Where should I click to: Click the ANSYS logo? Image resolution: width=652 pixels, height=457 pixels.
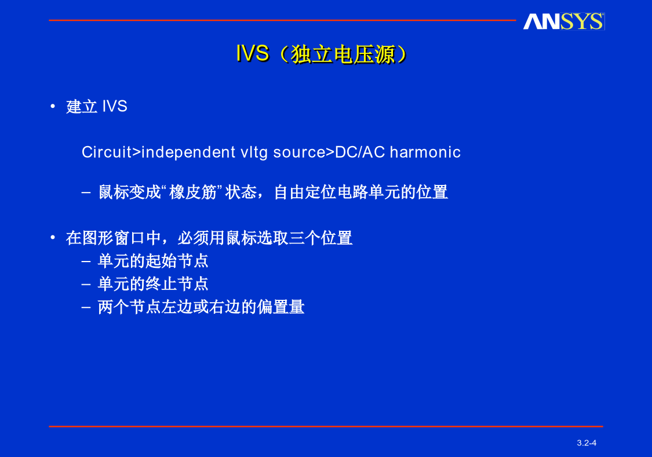(563, 21)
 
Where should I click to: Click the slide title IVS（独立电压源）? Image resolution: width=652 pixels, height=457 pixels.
(322, 54)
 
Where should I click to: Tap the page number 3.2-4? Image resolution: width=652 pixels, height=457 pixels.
(587, 443)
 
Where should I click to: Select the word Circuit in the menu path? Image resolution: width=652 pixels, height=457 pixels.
(107, 152)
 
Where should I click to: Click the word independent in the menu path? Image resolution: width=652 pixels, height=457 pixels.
(188, 153)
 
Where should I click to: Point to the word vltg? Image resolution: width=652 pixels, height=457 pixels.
(254, 153)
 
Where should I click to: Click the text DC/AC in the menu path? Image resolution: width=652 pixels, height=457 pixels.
(360, 152)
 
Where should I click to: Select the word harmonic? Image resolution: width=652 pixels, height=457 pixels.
(425, 152)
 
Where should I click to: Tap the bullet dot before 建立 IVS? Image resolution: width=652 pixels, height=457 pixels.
(53, 107)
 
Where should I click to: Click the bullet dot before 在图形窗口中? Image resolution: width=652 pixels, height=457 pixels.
(53, 238)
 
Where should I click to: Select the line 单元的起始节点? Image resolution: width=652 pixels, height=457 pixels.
(152, 261)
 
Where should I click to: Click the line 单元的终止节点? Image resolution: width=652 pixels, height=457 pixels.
(152, 284)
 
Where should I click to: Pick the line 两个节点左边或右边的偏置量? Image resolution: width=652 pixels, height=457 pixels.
(201, 307)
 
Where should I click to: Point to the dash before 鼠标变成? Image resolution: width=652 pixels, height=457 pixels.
(86, 193)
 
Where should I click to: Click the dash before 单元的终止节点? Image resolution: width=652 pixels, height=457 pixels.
(86, 284)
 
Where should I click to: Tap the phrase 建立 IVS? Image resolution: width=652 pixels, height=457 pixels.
(96, 107)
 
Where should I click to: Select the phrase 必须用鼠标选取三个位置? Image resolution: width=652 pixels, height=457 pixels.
(265, 238)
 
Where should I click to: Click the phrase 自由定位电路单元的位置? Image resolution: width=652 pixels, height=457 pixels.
(360, 193)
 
